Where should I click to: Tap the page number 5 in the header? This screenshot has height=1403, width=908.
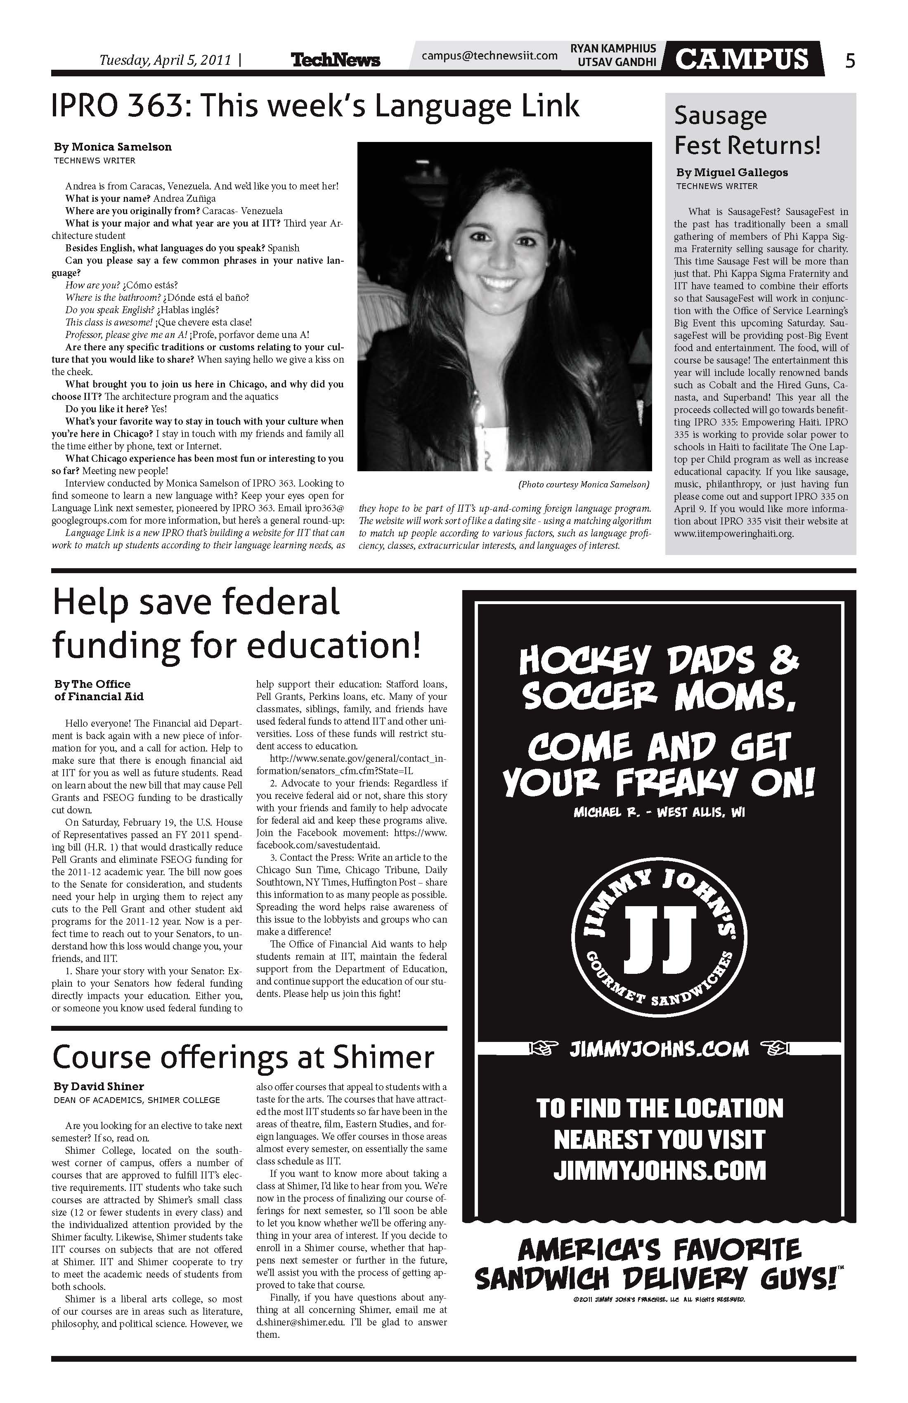click(850, 60)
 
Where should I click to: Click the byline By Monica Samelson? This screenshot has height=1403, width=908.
click(113, 147)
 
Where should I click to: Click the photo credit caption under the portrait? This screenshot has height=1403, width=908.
click(583, 484)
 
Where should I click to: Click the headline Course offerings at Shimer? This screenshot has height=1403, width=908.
click(243, 1057)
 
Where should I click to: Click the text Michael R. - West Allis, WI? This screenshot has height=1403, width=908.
click(659, 813)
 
